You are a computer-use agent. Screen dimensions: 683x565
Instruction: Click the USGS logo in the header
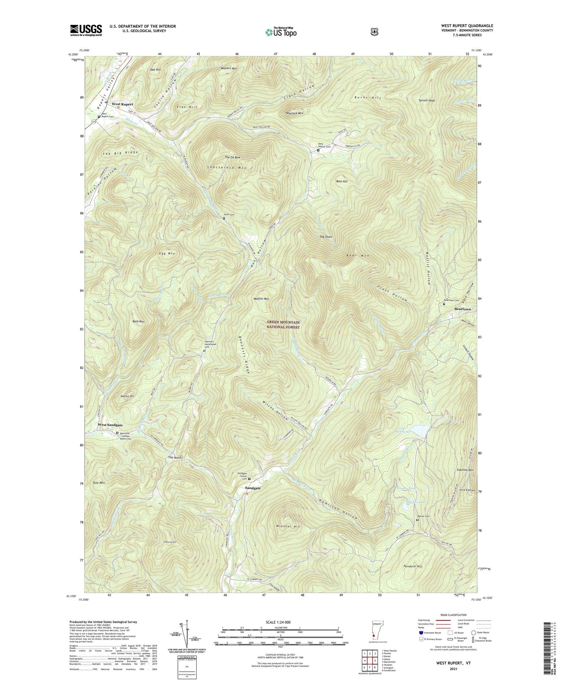click(86, 30)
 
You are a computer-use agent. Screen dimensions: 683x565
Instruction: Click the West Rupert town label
click(122, 104)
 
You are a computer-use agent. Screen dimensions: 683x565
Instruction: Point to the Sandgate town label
click(253, 488)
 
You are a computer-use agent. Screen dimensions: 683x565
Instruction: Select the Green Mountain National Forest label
click(283, 325)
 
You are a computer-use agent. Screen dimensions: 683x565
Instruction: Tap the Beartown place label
click(463, 309)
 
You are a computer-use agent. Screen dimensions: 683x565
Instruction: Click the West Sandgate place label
click(110, 425)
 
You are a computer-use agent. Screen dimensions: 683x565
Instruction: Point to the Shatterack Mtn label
click(227, 167)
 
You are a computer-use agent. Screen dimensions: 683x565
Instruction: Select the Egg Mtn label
click(167, 253)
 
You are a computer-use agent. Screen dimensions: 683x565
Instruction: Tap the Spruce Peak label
click(427, 101)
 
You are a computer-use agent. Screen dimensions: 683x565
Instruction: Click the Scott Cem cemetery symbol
click(224, 218)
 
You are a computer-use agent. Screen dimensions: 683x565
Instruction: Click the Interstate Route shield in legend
click(420, 633)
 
